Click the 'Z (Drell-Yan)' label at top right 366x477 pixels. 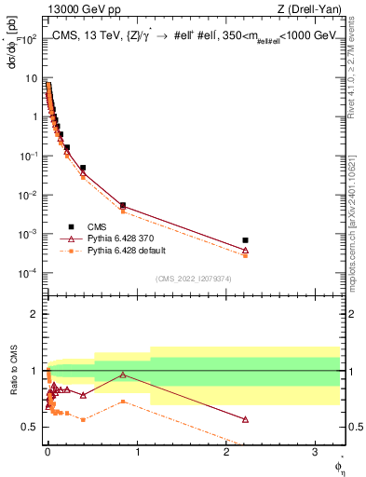pyautogui.click(x=314, y=10)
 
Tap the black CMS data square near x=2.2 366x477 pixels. pyautogui.click(x=245, y=240)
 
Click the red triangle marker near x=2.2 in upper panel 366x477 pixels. pyautogui.click(x=245, y=250)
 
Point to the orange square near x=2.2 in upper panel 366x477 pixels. pyautogui.click(x=245, y=255)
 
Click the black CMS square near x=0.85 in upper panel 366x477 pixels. pyautogui.click(x=123, y=205)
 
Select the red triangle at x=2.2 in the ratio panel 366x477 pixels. pyautogui.click(x=245, y=419)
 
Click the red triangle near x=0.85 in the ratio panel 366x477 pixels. pyautogui.click(x=123, y=375)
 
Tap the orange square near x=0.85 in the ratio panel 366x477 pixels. pyautogui.click(x=123, y=402)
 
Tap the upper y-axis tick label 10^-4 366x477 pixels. pyautogui.click(x=28, y=273)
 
